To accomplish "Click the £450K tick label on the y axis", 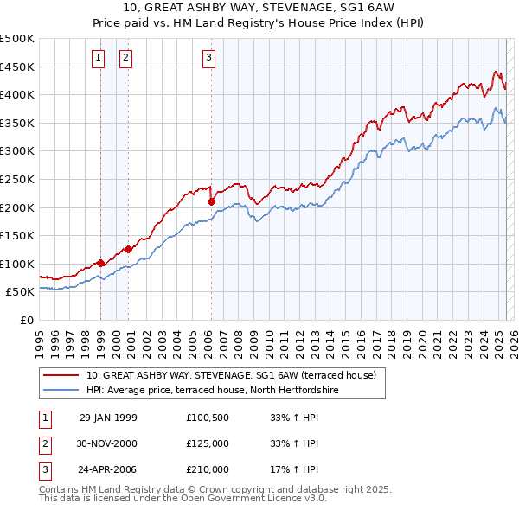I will coord(16,67).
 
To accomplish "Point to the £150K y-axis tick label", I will coord(16,235).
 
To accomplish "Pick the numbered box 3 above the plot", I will coord(209,58).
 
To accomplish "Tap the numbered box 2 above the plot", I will coord(125,58).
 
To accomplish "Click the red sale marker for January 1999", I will coord(101,263).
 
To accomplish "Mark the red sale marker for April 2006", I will coord(211,201).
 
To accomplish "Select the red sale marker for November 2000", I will coord(129,249).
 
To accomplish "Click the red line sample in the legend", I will coord(61,376).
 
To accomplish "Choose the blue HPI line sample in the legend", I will coord(61,391).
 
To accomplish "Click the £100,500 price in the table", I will coord(208,418).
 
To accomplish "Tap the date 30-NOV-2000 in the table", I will coord(108,443).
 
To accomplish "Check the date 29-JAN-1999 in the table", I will coord(108,418).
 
